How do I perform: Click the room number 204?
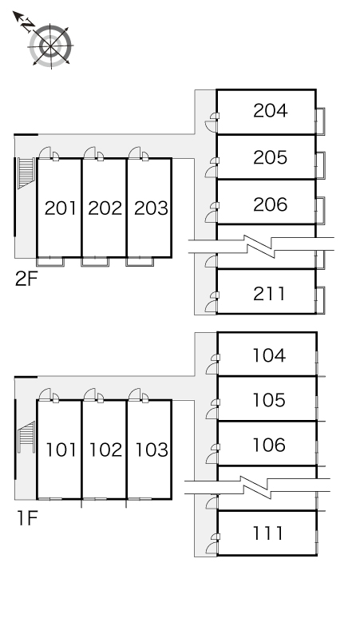(270, 111)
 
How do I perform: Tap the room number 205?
(270, 157)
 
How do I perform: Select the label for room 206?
(270, 204)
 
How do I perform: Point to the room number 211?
(269, 294)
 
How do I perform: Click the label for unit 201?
(60, 208)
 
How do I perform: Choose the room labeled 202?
(105, 208)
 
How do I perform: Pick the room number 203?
(151, 208)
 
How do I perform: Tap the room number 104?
(269, 355)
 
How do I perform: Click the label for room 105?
(269, 400)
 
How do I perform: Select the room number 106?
(269, 445)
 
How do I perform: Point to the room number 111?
(268, 533)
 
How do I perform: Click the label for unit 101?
(61, 450)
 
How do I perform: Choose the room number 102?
(105, 450)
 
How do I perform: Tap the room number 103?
(152, 450)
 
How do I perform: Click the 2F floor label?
(26, 279)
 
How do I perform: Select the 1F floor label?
(27, 518)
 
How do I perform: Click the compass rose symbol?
(50, 46)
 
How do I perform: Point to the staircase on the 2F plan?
(26, 173)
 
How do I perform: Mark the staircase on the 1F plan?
(27, 437)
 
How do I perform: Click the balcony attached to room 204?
(321, 121)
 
